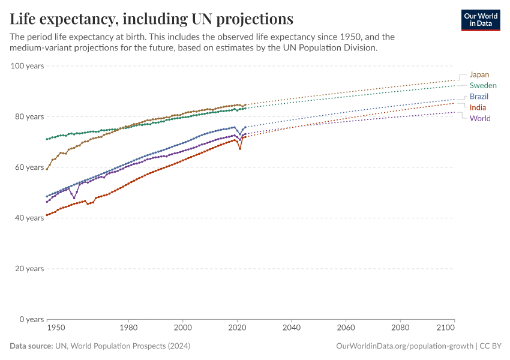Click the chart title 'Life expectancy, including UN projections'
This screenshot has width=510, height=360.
tap(151, 19)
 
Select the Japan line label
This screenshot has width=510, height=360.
tap(479, 74)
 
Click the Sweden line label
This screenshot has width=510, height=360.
tap(482, 86)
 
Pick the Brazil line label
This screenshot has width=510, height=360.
tap(479, 97)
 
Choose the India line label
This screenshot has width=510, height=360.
tap(478, 107)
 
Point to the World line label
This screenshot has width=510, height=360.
tap(480, 118)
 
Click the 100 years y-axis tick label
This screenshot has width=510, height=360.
tap(27, 65)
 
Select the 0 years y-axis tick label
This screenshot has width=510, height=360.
tap(31, 319)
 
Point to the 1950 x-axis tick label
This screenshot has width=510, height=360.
tap(56, 328)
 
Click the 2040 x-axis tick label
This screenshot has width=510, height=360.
tap(291, 328)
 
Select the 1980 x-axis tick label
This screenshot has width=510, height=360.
tap(128, 328)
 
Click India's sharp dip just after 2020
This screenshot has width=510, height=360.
tap(240, 148)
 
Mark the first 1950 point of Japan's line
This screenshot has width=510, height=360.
tap(47, 169)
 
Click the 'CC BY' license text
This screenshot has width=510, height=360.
tap(492, 346)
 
